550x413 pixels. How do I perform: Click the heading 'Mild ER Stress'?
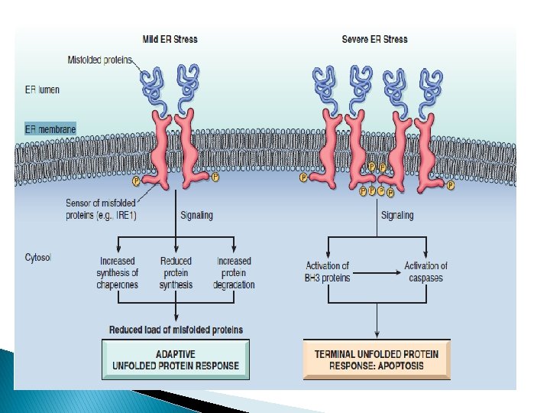tap(170, 39)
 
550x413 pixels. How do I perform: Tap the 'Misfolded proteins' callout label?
tap(100, 59)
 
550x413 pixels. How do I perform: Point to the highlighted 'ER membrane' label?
tap(50, 129)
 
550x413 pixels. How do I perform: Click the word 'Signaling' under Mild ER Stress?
tap(196, 216)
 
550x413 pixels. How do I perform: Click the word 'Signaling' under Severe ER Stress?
tap(397, 216)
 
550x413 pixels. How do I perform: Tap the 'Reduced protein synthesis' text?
tap(176, 273)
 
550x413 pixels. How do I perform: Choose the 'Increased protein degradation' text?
tap(234, 273)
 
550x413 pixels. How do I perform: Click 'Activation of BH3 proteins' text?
tap(328, 272)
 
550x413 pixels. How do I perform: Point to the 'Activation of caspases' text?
tap(425, 272)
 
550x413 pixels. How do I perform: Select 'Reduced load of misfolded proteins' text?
tap(176, 330)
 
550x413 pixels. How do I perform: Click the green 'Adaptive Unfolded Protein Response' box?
tap(176, 359)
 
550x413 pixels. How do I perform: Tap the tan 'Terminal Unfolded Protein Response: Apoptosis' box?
tap(377, 359)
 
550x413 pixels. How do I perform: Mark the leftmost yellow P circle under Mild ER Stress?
tap(137, 181)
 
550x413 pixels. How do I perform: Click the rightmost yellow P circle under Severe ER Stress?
tap(451, 186)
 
